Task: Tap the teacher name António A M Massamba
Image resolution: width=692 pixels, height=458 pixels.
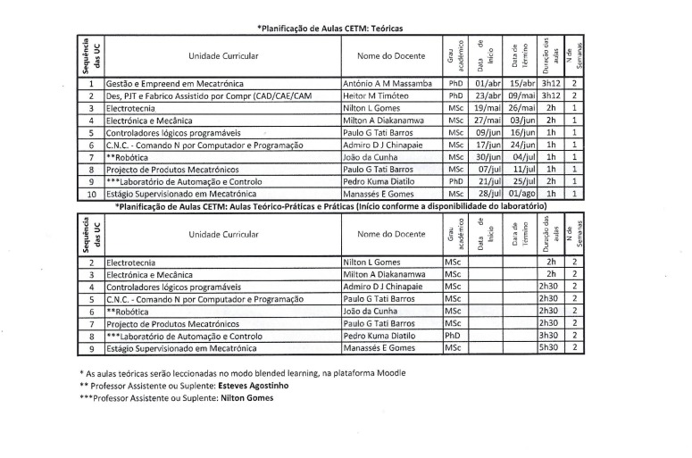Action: coord(387,83)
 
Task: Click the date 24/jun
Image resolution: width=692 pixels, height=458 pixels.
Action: coord(521,144)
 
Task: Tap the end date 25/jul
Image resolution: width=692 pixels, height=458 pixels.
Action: coord(521,180)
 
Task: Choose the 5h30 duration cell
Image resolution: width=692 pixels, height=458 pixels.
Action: coord(550,346)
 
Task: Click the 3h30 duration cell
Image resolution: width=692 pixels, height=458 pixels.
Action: coord(550,335)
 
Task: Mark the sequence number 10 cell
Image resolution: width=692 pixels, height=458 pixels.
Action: coord(91,192)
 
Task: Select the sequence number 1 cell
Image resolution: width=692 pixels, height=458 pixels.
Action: coord(91,83)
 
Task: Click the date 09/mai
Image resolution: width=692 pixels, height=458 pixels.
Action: coord(521,96)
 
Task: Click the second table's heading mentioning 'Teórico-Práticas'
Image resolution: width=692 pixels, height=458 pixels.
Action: coord(329,205)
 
